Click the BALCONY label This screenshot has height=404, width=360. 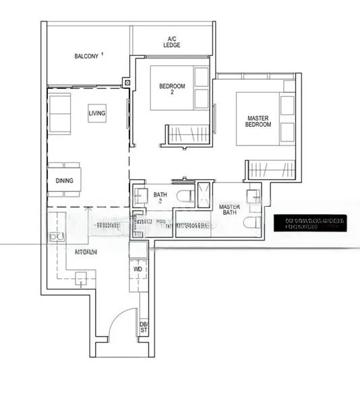click(x=87, y=56)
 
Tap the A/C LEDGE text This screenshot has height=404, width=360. click(x=172, y=42)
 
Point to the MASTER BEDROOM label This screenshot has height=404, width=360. click(x=258, y=121)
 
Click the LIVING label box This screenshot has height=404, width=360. click(x=97, y=114)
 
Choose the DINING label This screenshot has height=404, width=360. click(x=65, y=180)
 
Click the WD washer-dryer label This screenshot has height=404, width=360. click(x=138, y=269)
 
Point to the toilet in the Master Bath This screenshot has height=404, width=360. click(x=253, y=224)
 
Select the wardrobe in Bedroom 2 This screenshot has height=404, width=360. click(x=185, y=133)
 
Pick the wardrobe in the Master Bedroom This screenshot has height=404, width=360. click(x=271, y=170)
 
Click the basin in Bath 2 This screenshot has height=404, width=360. click(x=141, y=197)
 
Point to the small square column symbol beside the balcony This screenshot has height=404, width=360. click(x=126, y=83)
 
